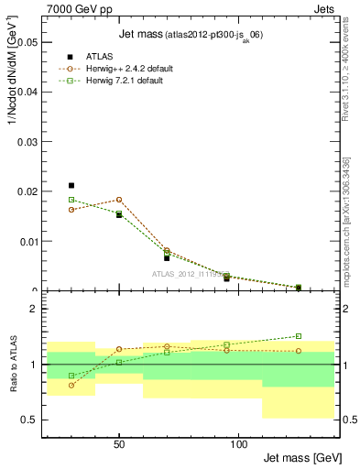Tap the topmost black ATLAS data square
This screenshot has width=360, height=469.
pyautogui.click(x=71, y=185)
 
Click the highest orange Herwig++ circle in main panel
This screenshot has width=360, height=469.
pyautogui.click(x=119, y=200)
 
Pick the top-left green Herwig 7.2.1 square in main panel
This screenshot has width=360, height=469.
pyautogui.click(x=71, y=200)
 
